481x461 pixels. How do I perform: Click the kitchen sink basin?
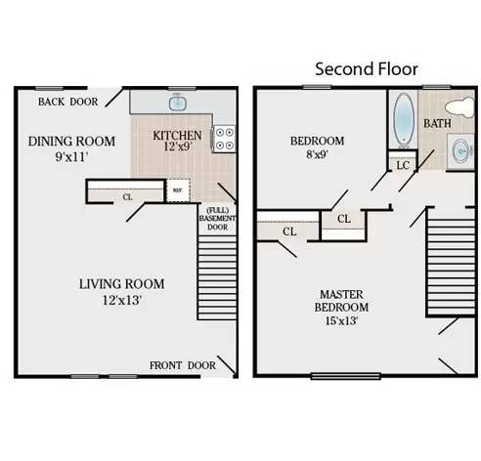tap(178, 102)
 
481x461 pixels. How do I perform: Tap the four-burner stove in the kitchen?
tap(224, 139)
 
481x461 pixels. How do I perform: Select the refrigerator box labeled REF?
tap(178, 190)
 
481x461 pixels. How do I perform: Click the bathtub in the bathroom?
tap(404, 119)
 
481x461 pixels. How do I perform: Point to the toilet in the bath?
tap(459, 106)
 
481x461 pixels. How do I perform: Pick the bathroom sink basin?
tap(462, 151)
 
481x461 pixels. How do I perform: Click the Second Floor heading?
tap(367, 69)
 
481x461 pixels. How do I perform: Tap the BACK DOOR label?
tap(68, 102)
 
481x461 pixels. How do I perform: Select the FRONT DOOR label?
tap(183, 365)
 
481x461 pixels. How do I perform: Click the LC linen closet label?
tap(403, 165)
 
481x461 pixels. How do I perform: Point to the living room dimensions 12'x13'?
tap(122, 300)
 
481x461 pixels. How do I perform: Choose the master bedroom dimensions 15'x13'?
tap(341, 321)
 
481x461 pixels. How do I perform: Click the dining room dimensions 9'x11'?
tap(71, 157)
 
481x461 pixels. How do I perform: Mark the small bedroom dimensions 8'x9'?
tap(317, 154)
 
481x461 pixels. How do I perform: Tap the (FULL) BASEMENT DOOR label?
tap(217, 219)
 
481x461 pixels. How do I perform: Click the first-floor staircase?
tap(217, 277)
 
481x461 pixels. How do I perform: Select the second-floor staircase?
tap(451, 263)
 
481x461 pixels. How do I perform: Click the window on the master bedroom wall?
tap(346, 377)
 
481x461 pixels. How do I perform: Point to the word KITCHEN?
tap(177, 136)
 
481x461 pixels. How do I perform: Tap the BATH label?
tap(437, 123)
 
